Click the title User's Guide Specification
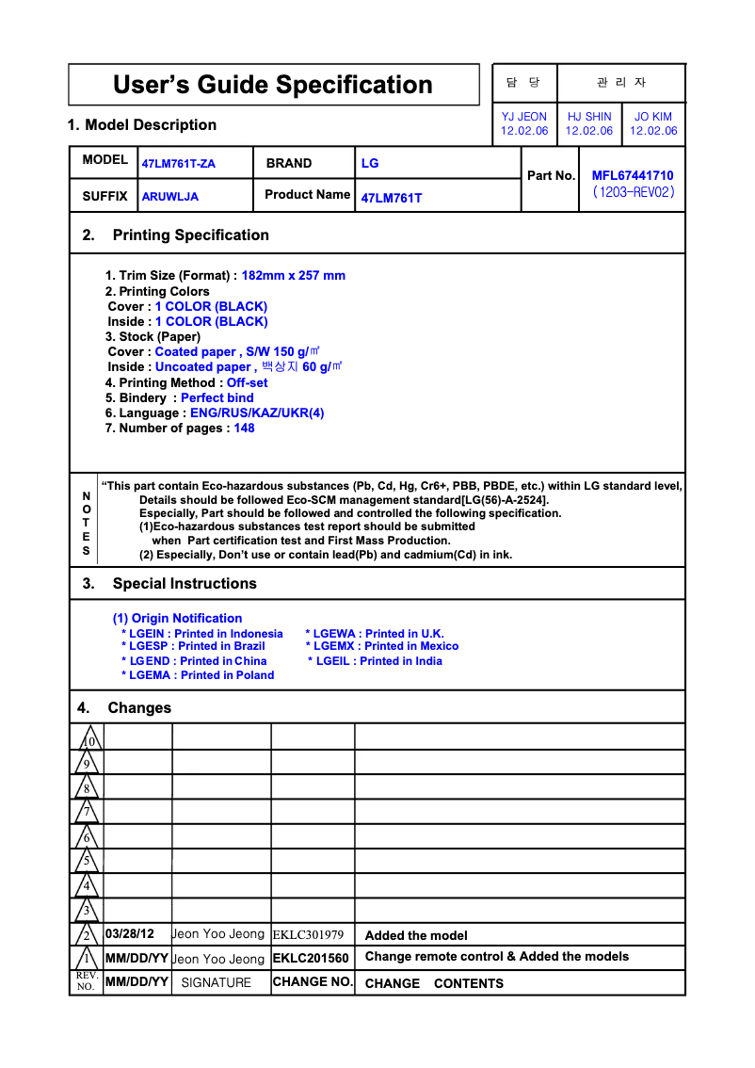tap(273, 85)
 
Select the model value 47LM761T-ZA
tap(179, 164)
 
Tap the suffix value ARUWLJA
tap(170, 198)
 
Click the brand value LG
tap(370, 163)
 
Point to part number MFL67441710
tap(633, 175)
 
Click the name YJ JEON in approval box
tap(524, 117)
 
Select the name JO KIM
tap(653, 117)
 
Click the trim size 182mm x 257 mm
tap(294, 276)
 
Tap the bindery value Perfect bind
tap(217, 397)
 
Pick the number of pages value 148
tap(244, 428)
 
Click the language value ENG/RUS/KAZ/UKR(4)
tap(257, 413)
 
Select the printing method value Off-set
tap(247, 382)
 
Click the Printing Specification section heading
tap(190, 235)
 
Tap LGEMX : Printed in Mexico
tap(382, 646)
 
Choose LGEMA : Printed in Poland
tap(198, 675)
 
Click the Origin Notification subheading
tap(177, 618)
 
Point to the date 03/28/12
tap(129, 934)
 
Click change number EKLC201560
tap(311, 958)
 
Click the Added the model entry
tap(416, 935)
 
